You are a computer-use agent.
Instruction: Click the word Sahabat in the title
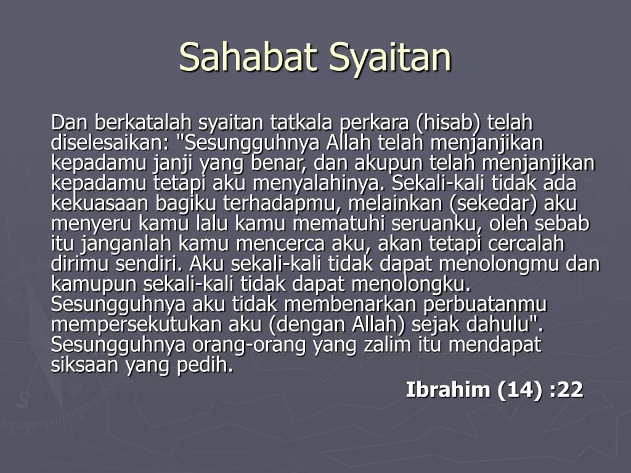248,57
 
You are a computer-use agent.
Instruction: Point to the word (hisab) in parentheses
448,123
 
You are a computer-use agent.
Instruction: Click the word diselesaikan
108,143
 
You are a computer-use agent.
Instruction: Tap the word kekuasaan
100,203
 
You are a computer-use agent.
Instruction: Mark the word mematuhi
340,224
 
